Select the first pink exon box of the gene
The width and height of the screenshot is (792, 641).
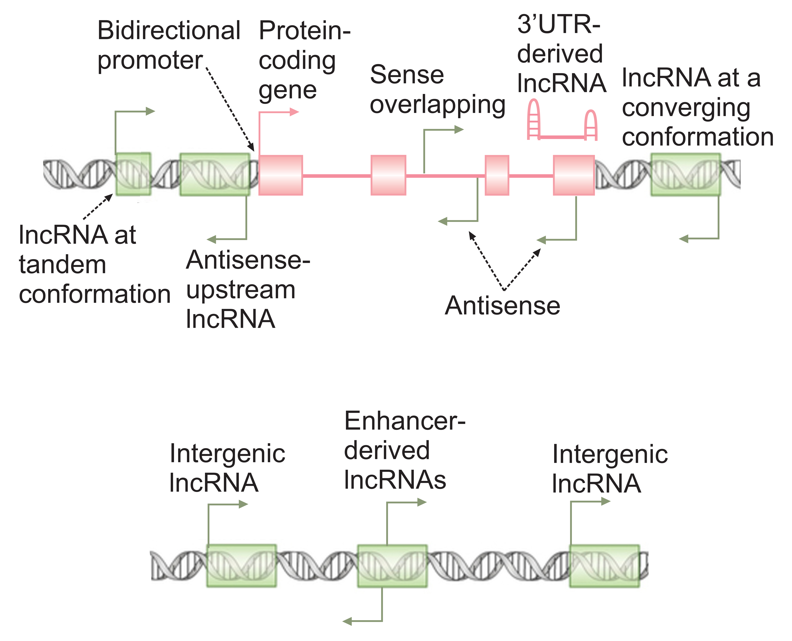pyautogui.click(x=281, y=175)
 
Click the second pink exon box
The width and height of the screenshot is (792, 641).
pyautogui.click(x=388, y=175)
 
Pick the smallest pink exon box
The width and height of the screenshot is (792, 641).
pyautogui.click(x=497, y=175)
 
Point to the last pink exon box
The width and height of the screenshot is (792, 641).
pyautogui.click(x=574, y=175)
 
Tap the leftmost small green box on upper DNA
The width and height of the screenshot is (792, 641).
pyautogui.click(x=133, y=174)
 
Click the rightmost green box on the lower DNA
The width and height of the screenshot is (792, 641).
pyautogui.click(x=604, y=566)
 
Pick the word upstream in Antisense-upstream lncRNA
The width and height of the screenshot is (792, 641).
pyautogui.click(x=241, y=290)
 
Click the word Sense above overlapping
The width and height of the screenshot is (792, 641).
pyautogui.click(x=407, y=75)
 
